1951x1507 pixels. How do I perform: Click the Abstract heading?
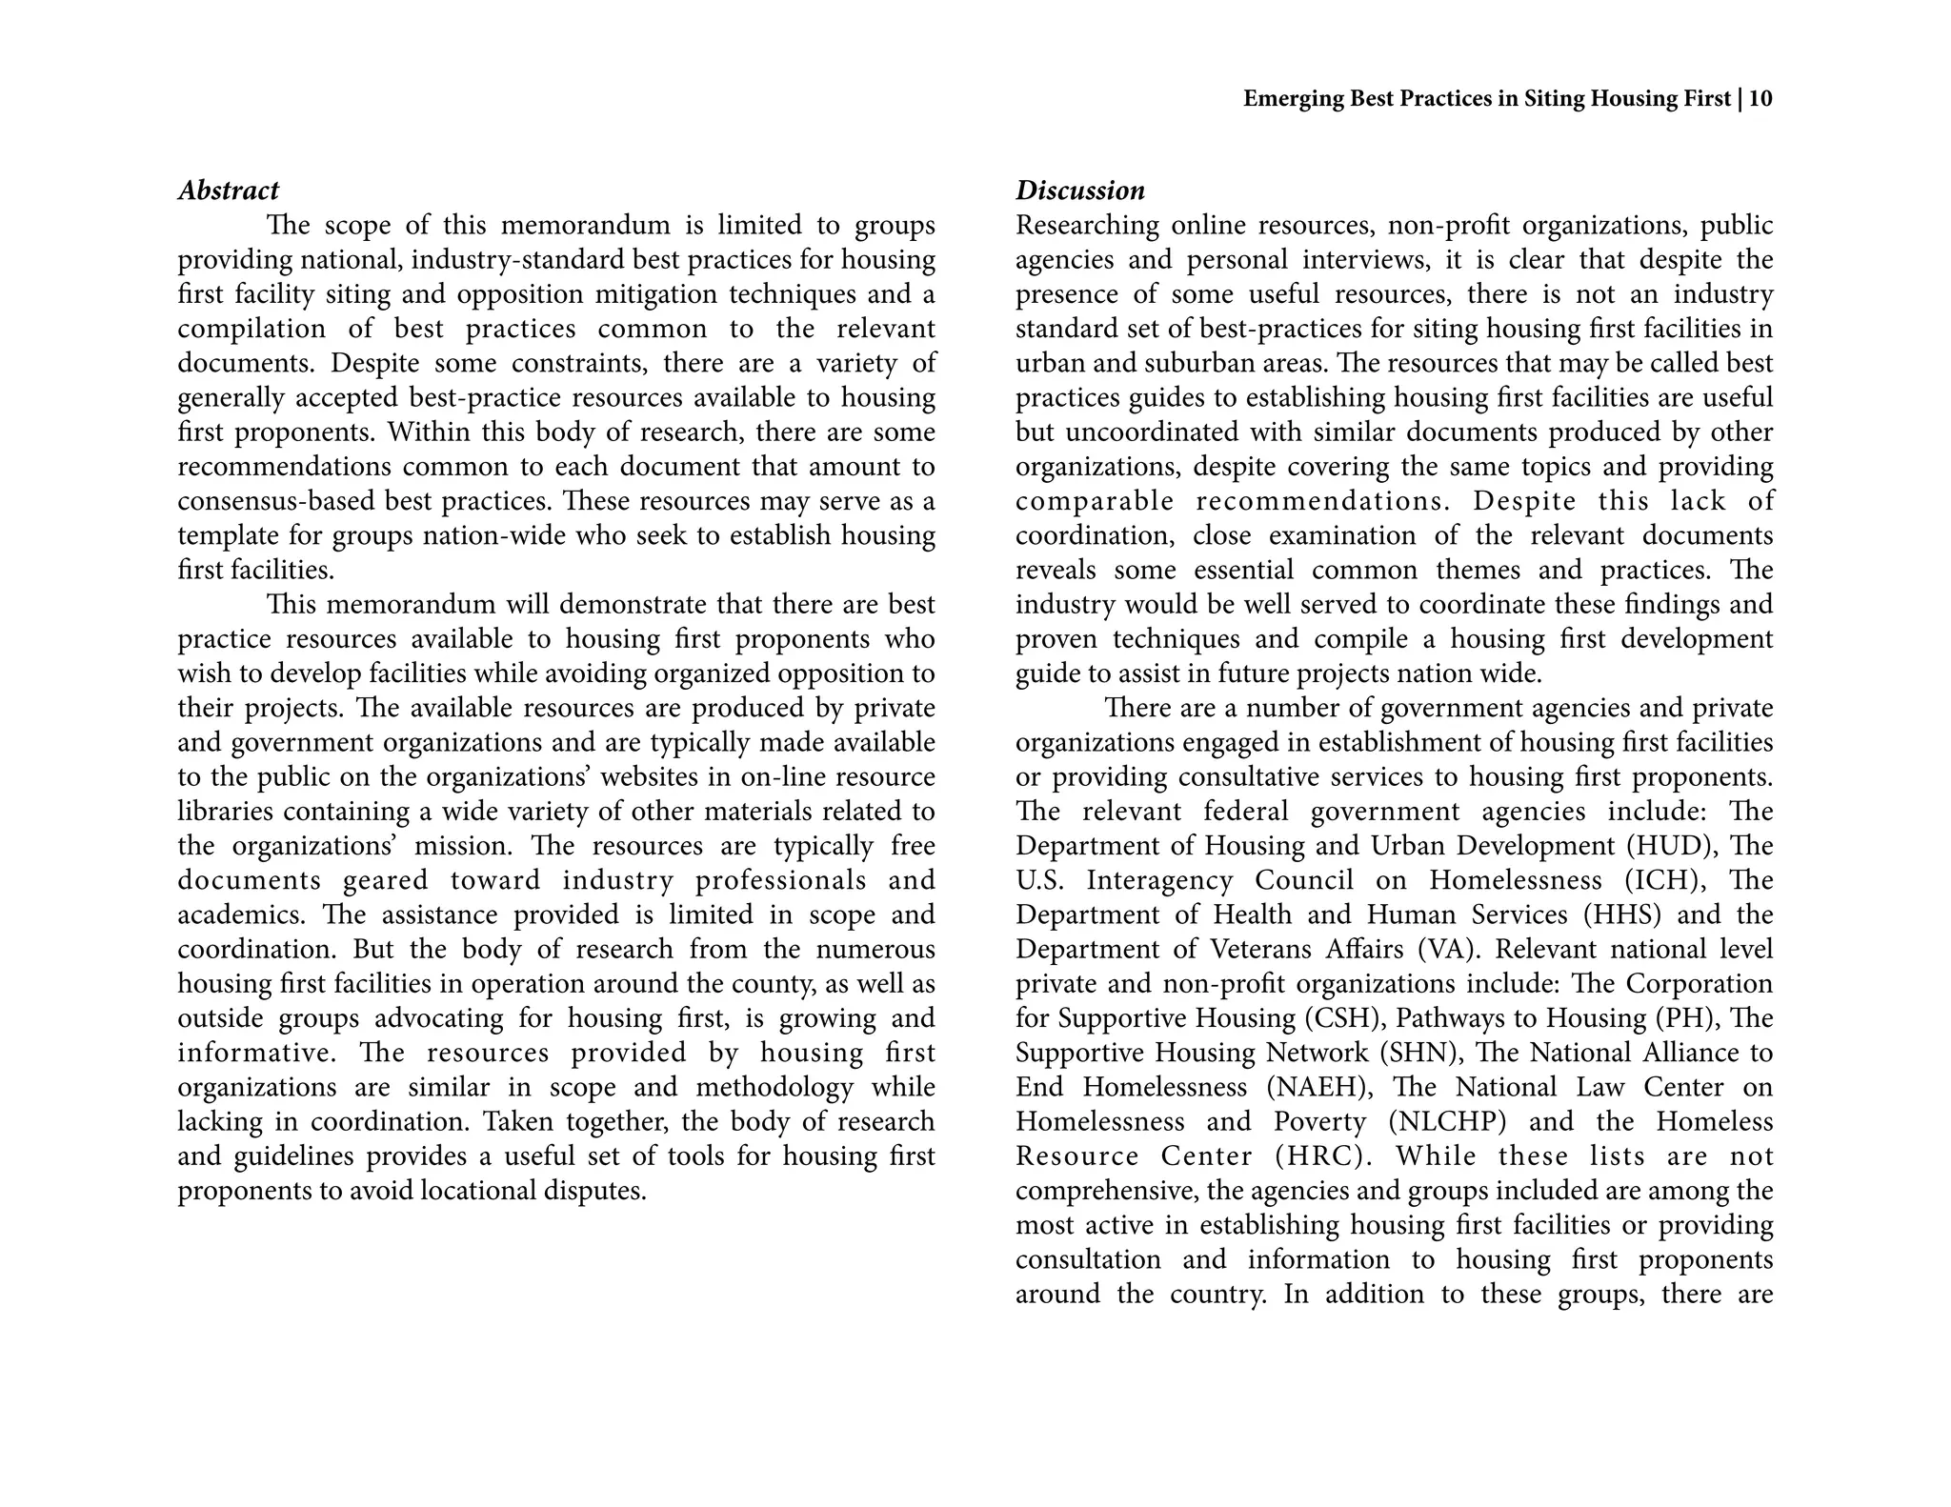tap(229, 191)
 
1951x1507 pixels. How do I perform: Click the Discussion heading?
tap(1080, 191)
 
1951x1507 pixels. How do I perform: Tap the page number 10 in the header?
tap(1761, 99)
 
